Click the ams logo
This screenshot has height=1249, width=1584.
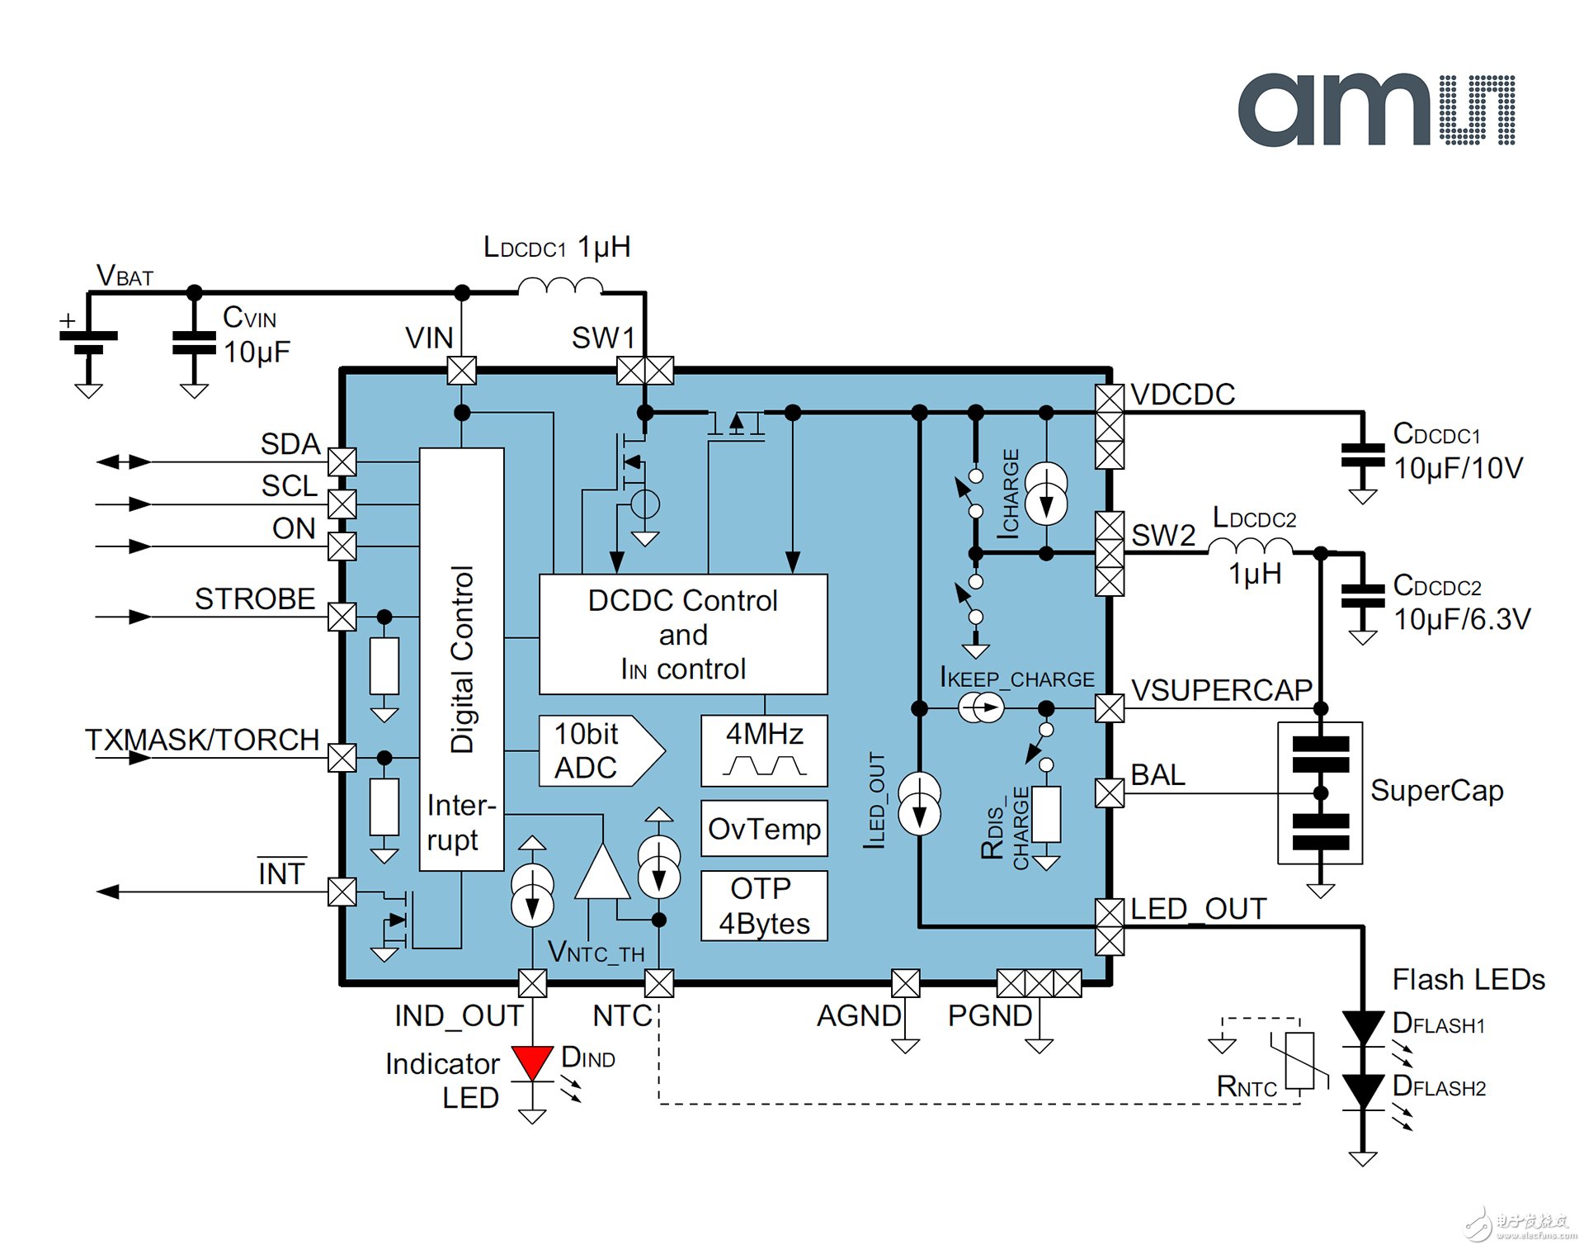point(1375,110)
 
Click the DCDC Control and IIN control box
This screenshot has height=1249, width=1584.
point(682,634)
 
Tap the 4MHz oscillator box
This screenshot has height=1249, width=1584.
point(764,750)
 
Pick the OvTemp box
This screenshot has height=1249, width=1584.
point(764,828)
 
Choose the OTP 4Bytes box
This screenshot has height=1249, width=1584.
point(764,906)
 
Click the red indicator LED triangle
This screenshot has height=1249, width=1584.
point(532,1062)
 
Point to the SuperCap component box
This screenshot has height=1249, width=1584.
point(1320,793)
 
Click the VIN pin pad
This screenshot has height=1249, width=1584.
point(462,371)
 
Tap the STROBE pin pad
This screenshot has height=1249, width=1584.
point(342,617)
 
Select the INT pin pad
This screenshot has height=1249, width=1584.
point(342,892)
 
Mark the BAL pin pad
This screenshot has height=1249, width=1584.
point(1110,793)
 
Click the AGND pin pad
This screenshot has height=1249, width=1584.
point(905,983)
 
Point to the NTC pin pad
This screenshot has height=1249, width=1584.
point(658,983)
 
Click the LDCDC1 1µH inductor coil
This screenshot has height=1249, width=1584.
point(559,286)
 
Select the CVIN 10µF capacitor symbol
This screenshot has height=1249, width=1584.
point(194,343)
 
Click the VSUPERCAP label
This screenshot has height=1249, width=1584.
point(1221,690)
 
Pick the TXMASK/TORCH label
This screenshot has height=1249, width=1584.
point(202,740)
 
